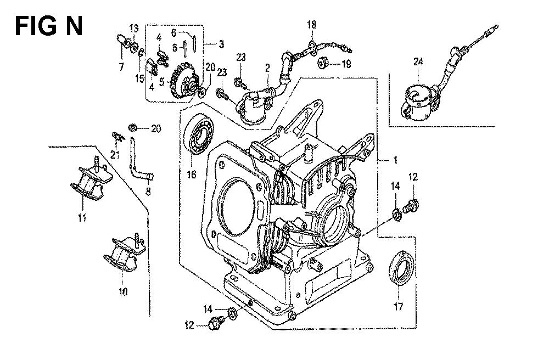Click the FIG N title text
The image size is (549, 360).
(x=49, y=26)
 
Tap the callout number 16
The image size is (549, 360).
(x=192, y=174)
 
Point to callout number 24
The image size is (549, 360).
(x=418, y=62)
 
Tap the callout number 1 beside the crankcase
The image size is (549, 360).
(x=395, y=161)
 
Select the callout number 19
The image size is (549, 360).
(x=346, y=64)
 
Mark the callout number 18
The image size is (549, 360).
(x=311, y=25)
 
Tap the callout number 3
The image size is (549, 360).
(x=221, y=44)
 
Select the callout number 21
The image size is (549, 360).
(x=115, y=154)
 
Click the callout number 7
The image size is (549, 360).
(x=121, y=66)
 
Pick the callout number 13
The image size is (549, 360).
(x=133, y=29)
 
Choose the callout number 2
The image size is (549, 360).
(x=267, y=68)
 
